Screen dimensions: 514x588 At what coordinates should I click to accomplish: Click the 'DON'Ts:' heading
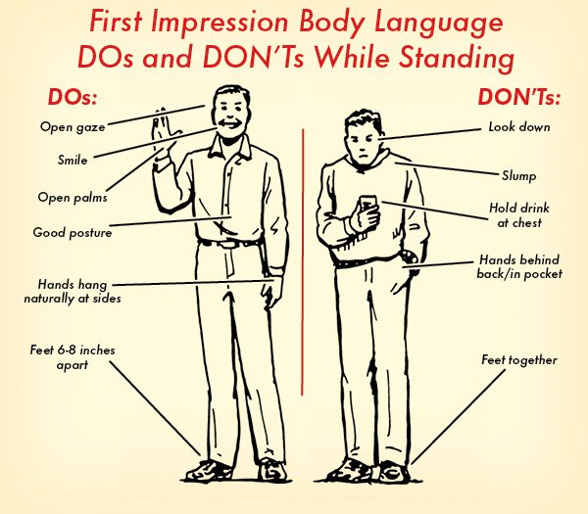[x=518, y=99]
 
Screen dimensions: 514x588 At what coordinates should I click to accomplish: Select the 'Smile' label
[x=73, y=159]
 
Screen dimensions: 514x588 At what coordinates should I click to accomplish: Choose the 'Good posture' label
[x=73, y=233]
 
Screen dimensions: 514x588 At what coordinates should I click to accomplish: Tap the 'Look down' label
[x=519, y=127]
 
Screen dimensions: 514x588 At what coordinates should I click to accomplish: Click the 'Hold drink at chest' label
[x=515, y=215]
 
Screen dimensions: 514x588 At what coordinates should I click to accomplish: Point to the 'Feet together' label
[x=518, y=360]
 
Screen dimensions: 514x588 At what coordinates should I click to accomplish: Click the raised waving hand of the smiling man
[x=163, y=143]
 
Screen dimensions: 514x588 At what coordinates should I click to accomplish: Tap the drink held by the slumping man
[x=367, y=209]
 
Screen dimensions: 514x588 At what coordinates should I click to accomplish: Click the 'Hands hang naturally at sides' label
[x=73, y=291]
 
